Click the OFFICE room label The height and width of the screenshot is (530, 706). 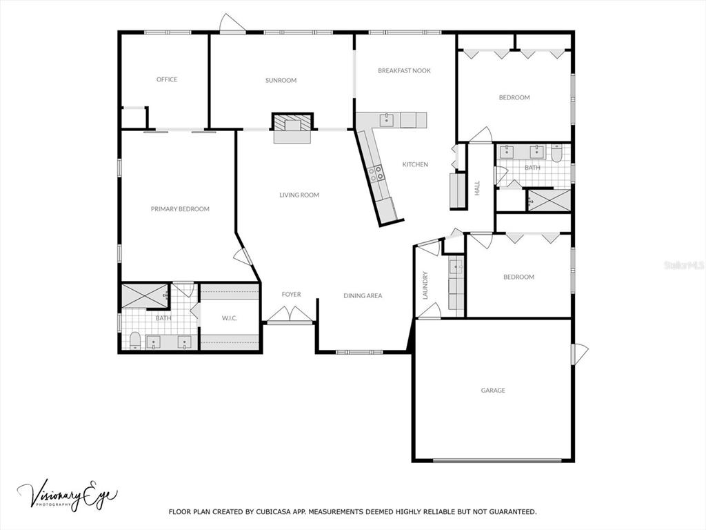pyautogui.click(x=167, y=79)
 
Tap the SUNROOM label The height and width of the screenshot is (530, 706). pyautogui.click(x=281, y=80)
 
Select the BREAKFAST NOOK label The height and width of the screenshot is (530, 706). pyautogui.click(x=404, y=70)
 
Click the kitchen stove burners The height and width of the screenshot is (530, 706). pyautogui.click(x=376, y=173)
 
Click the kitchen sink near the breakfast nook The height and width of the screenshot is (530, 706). pyautogui.click(x=387, y=120)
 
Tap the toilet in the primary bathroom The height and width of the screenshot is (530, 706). pyautogui.click(x=135, y=340)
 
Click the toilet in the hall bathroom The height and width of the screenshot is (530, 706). pyautogui.click(x=556, y=153)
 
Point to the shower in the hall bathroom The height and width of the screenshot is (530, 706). pyautogui.click(x=549, y=200)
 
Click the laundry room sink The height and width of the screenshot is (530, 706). pyautogui.click(x=456, y=266)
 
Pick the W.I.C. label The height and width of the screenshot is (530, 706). pyautogui.click(x=229, y=318)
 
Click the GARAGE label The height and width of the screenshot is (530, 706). pyautogui.click(x=493, y=391)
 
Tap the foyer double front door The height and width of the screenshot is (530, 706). pyautogui.click(x=290, y=314)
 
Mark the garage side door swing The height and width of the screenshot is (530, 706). pyautogui.click(x=581, y=353)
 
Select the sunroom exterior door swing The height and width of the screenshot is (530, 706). pyautogui.click(x=232, y=23)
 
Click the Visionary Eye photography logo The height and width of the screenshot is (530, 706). pyautogui.click(x=68, y=495)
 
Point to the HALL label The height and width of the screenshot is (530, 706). pyautogui.click(x=477, y=188)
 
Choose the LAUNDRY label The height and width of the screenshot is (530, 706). pyautogui.click(x=425, y=285)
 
